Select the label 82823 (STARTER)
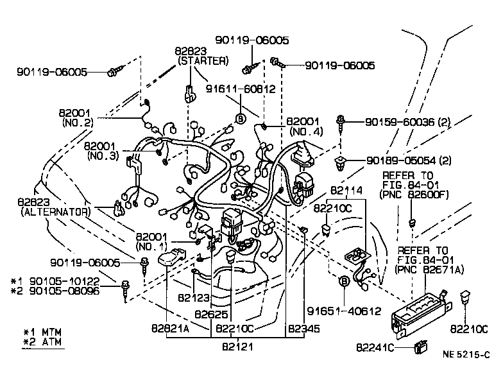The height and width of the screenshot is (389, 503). click(201, 56)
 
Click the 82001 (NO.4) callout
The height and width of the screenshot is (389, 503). click(304, 126)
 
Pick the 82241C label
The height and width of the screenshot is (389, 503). click(379, 347)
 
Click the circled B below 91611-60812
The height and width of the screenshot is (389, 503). click(241, 118)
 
